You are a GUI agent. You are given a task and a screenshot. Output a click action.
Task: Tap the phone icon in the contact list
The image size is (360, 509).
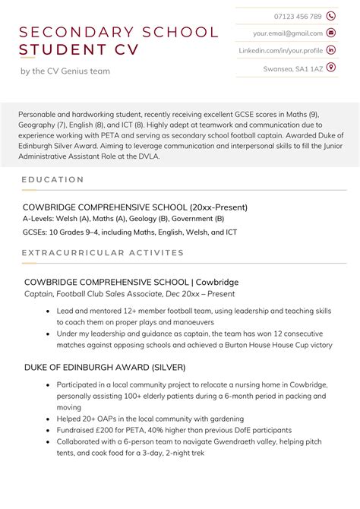tap(331, 16)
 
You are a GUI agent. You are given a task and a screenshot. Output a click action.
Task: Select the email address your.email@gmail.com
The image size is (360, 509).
tap(288, 33)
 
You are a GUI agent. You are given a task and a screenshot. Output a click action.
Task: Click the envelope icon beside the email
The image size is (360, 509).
tap(331, 33)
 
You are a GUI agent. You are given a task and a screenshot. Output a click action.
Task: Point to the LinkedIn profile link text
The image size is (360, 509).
tap(281, 50)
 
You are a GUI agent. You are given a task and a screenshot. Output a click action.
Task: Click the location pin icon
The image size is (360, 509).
tap(331, 68)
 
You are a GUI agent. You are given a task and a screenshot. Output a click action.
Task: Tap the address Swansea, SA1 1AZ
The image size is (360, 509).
tap(293, 68)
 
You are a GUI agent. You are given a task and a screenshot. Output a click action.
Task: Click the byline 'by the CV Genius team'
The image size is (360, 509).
tap(65, 71)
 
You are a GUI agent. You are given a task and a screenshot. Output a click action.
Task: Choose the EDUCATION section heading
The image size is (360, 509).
tap(52, 180)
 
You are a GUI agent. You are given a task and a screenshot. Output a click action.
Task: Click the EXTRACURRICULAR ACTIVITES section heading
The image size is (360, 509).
tap(103, 252)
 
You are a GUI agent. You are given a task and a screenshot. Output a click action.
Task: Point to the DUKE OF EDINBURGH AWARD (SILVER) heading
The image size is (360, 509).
tap(105, 367)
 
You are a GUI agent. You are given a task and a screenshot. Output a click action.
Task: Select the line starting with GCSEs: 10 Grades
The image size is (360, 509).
tap(129, 232)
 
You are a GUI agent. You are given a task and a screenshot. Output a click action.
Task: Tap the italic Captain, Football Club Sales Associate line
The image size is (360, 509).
tap(130, 293)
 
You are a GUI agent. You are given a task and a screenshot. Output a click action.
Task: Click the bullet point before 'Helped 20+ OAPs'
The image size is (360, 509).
tap(48, 419)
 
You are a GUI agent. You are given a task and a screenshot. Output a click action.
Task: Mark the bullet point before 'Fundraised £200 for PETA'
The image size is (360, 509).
tap(48, 431)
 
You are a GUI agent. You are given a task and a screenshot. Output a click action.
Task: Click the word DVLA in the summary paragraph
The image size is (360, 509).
tap(146, 156)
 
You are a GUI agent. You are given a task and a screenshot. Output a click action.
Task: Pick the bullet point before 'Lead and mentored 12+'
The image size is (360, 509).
tap(48, 311)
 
